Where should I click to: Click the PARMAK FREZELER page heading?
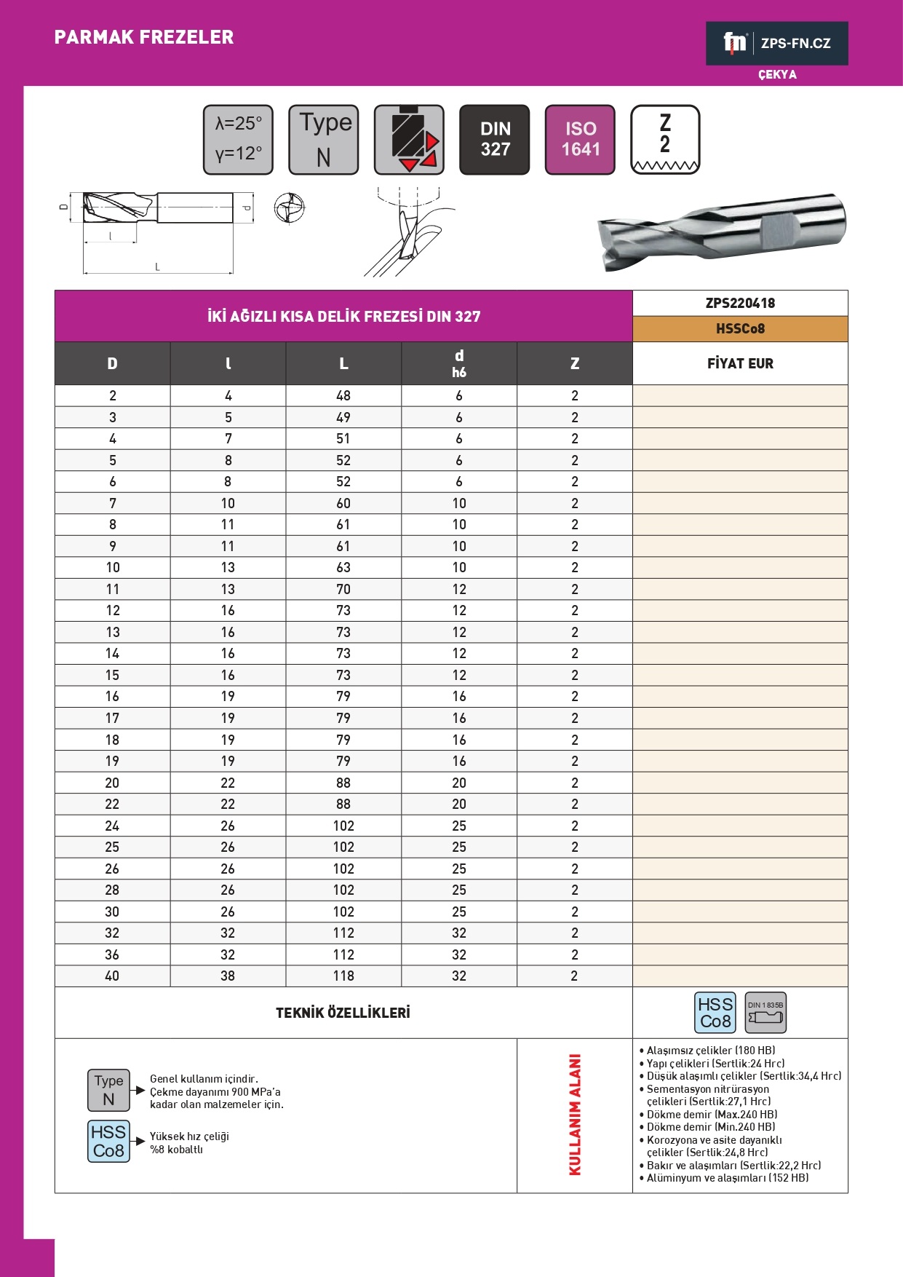pyautogui.click(x=144, y=37)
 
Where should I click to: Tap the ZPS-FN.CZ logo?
pyautogui.click(x=776, y=44)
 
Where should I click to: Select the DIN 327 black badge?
pyautogui.click(x=495, y=139)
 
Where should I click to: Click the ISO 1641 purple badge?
pyautogui.click(x=580, y=139)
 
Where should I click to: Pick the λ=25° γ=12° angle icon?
pyautogui.click(x=238, y=139)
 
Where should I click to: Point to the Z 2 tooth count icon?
pyautogui.click(x=665, y=139)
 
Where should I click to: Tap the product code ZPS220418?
pyautogui.click(x=740, y=303)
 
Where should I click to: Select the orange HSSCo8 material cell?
pyautogui.click(x=740, y=328)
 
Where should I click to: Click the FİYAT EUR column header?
pyautogui.click(x=740, y=363)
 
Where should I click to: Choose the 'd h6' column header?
pyautogui.click(x=459, y=363)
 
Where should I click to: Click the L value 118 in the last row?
pyautogui.click(x=343, y=976)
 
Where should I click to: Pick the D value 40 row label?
pyautogui.click(x=112, y=976)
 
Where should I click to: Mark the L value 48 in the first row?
pyautogui.click(x=343, y=395)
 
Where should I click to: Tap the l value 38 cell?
pyautogui.click(x=228, y=976)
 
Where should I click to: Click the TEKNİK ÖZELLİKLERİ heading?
pyautogui.click(x=343, y=1013)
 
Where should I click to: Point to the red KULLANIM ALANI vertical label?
pyautogui.click(x=575, y=1115)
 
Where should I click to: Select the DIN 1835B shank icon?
pyautogui.click(x=765, y=1013)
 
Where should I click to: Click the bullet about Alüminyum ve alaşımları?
pyautogui.click(x=727, y=1178)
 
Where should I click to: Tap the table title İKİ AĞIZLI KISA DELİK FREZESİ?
pyautogui.click(x=343, y=316)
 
